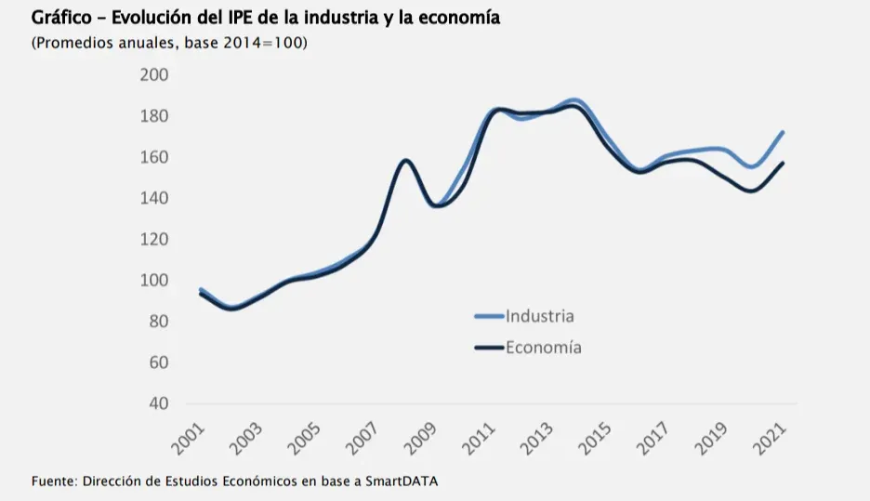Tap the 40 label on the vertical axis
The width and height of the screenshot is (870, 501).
click(158, 403)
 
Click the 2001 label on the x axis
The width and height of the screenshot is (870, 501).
click(190, 437)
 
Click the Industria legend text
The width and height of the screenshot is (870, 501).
click(540, 316)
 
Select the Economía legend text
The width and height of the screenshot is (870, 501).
click(544, 348)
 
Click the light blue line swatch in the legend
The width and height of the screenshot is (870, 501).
click(489, 316)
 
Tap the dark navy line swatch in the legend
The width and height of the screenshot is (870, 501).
click(489, 348)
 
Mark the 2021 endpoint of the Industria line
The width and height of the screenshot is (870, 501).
click(784, 132)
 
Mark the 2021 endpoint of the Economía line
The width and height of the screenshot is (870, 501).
click(784, 164)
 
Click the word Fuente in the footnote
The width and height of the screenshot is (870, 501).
click(53, 481)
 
